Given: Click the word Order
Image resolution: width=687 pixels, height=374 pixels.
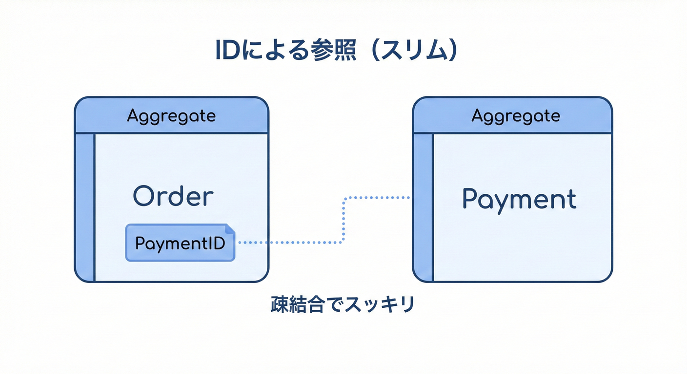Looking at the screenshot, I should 173,197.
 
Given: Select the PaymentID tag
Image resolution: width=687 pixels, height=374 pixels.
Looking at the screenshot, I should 180,243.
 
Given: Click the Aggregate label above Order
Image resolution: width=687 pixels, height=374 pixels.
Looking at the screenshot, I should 171,116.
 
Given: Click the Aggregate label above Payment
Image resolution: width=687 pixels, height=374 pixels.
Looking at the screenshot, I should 516,116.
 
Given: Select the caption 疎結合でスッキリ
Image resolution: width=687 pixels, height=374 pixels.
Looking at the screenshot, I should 343,305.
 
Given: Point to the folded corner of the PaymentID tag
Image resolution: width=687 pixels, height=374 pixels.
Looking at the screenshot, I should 230,228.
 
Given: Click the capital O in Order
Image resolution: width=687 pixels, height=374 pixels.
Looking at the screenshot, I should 143,197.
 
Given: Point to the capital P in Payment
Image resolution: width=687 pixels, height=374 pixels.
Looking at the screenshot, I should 469,199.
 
